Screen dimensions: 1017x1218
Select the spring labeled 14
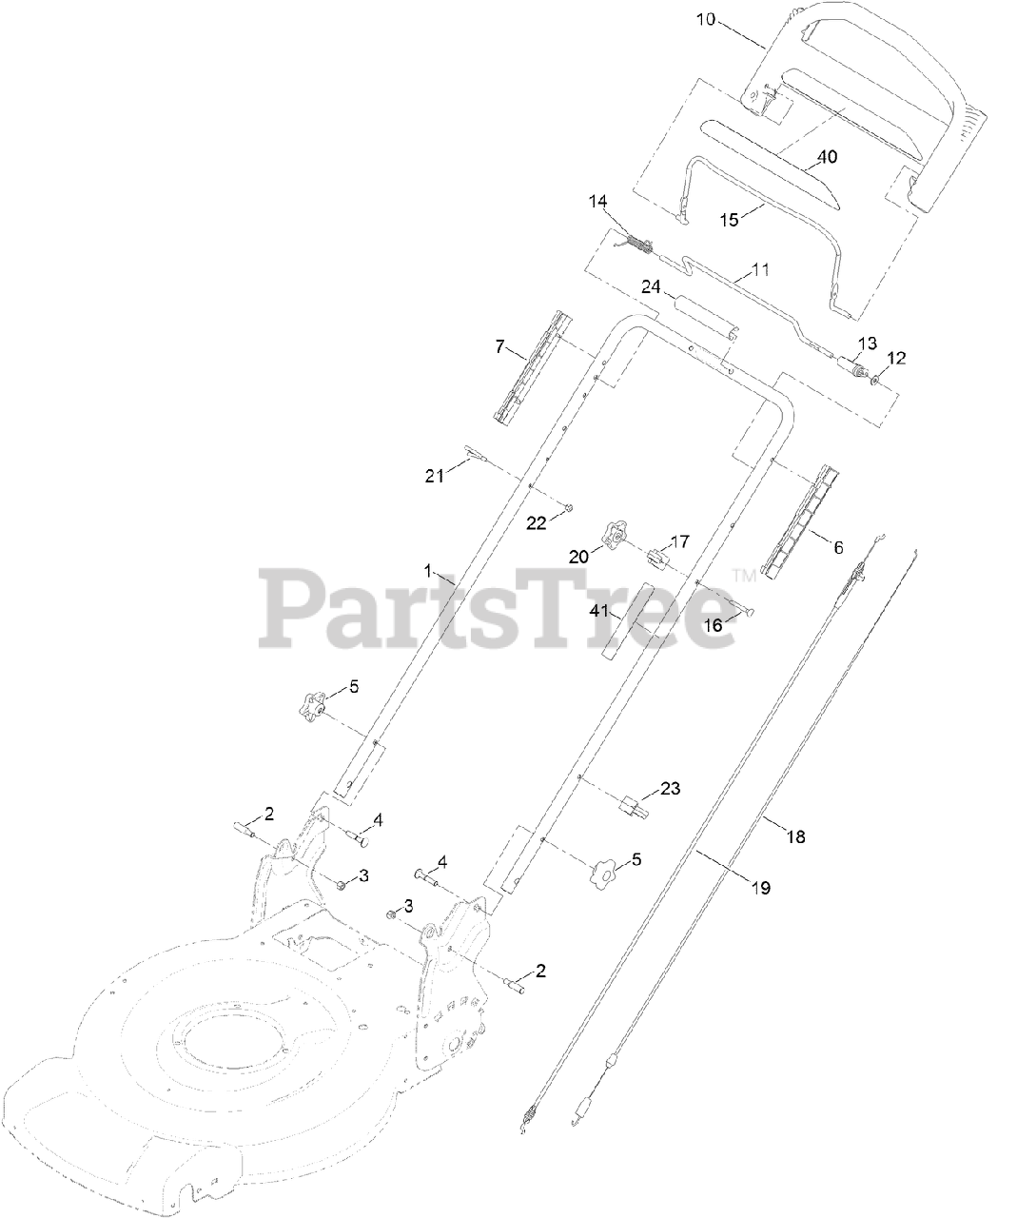pyautogui.click(x=641, y=246)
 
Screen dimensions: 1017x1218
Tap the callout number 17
pyautogui.click(x=678, y=541)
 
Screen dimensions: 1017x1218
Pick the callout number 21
pyautogui.click(x=435, y=477)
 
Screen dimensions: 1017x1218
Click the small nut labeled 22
pyautogui.click(x=568, y=508)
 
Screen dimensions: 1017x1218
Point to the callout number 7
pyautogui.click(x=499, y=345)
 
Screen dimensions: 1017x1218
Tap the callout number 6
pyautogui.click(x=838, y=548)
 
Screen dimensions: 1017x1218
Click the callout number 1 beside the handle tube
pyautogui.click(x=428, y=572)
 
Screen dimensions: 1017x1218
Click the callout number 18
pyautogui.click(x=795, y=836)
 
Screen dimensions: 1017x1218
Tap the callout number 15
pyautogui.click(x=728, y=219)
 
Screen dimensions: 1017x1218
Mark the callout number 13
pyautogui.click(x=867, y=343)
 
